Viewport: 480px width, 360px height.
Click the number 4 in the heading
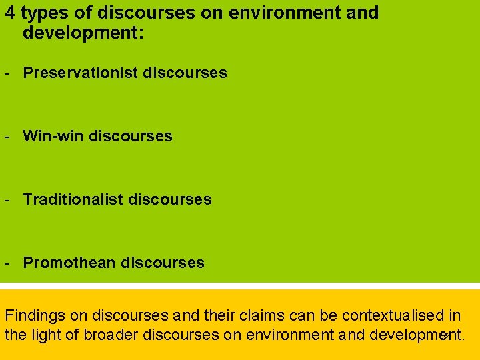pos(10,13)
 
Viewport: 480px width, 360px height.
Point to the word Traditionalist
pos(73,199)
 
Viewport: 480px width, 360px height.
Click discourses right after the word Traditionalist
pos(170,199)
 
